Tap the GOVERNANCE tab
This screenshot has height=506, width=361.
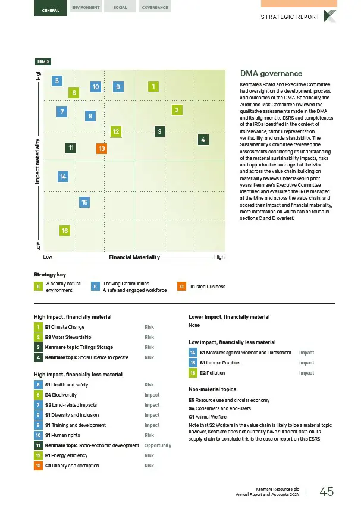pos(156,8)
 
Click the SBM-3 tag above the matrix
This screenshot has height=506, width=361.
pos(43,61)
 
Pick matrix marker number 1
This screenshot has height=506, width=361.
pos(153,87)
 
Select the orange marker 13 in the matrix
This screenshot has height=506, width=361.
pos(102,148)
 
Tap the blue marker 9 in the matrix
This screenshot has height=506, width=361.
pos(118,87)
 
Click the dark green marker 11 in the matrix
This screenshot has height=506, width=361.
pos(71,147)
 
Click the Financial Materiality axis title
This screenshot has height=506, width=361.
pos(135,257)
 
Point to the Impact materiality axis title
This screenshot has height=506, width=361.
pos(38,162)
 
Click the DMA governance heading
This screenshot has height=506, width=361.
pos(271,74)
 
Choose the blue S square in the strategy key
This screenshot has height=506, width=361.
pos(95,287)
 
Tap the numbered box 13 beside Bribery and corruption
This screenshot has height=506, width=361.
pos(38,449)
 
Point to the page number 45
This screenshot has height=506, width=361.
pos(327,491)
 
